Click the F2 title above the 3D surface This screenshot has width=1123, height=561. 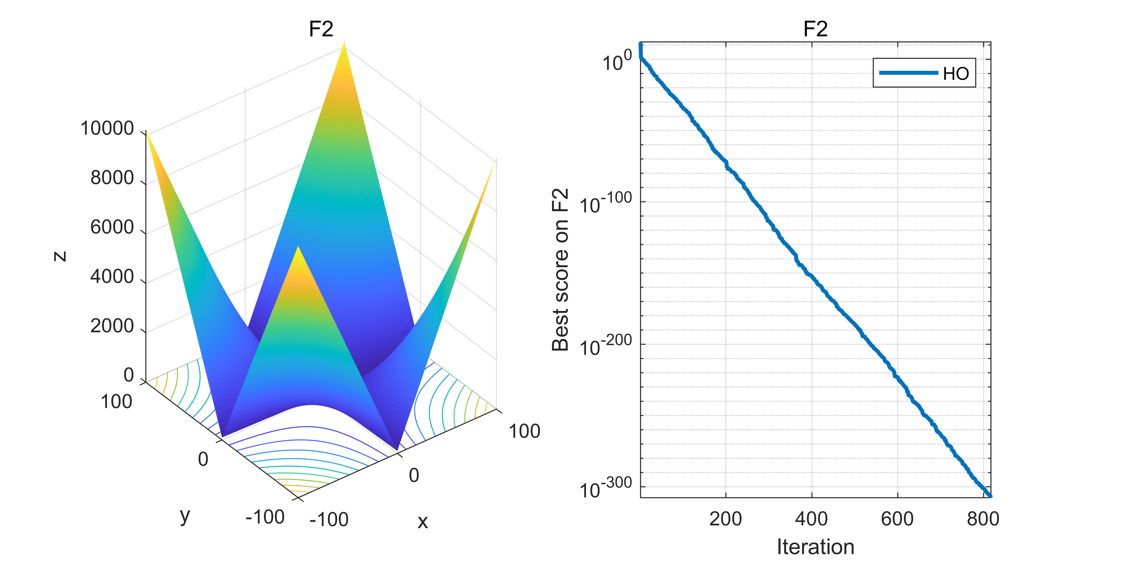click(321, 29)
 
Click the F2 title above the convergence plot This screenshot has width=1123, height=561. click(815, 29)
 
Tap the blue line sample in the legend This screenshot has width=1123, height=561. click(908, 73)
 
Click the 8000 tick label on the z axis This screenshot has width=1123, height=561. click(112, 178)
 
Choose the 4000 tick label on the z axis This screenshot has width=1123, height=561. click(112, 276)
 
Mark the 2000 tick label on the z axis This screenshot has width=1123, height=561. click(112, 326)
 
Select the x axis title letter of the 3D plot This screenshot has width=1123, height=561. click(422, 521)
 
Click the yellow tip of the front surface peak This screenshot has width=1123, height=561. click(298, 250)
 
